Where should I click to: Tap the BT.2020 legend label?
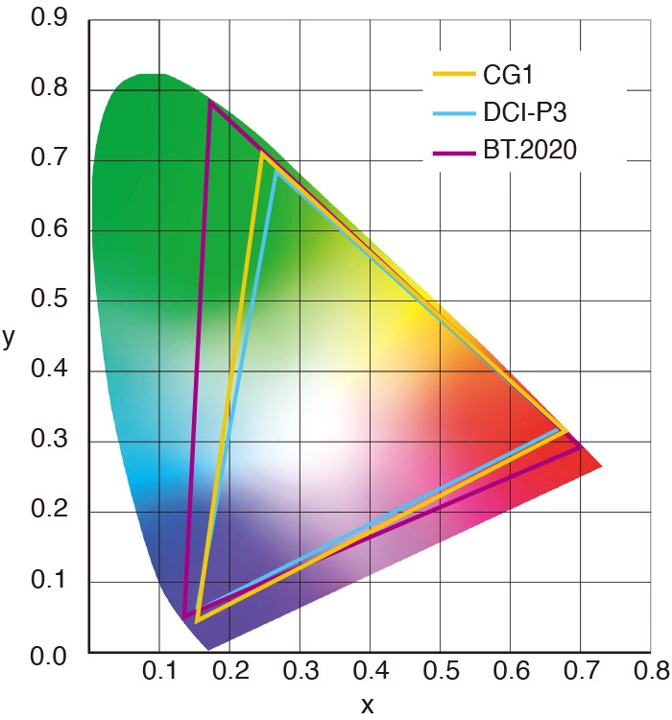point(527,152)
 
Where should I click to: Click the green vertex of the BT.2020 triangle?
point(209,101)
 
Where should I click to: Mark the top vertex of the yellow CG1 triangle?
point(261,153)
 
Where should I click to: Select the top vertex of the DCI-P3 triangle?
point(276,171)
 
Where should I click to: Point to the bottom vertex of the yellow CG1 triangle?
point(196,622)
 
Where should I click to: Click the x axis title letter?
point(368,705)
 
